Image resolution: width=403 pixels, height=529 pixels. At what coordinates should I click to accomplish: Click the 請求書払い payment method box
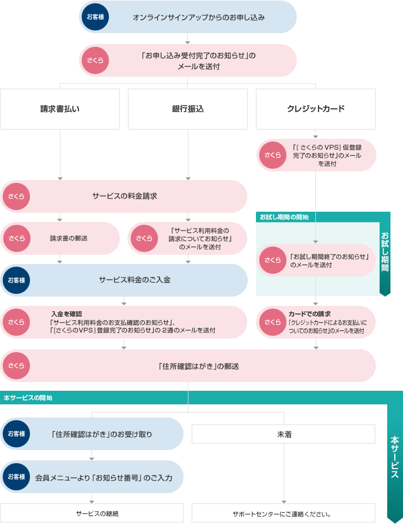(x=60, y=109)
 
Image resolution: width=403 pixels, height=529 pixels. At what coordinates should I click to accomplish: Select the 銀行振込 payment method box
(x=188, y=109)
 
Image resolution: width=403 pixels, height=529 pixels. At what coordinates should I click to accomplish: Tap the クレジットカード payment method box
(x=316, y=109)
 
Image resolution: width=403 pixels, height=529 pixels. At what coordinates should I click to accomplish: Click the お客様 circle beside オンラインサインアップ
(x=95, y=17)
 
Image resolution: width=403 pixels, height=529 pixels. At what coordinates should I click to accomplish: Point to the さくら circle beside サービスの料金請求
(x=16, y=196)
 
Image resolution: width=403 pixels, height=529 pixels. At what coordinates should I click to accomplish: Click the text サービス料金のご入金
(x=135, y=280)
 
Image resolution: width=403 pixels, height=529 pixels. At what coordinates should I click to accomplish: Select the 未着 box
(x=283, y=434)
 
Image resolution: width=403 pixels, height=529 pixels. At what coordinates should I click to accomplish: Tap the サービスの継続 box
(x=91, y=513)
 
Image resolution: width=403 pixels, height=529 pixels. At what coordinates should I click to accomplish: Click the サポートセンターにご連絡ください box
(x=283, y=513)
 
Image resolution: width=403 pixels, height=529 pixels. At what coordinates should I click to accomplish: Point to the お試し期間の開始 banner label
(x=284, y=217)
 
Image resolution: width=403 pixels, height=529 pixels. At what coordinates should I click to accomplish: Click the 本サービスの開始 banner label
(x=28, y=398)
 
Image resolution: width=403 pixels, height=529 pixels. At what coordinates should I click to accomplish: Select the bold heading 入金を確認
(x=66, y=314)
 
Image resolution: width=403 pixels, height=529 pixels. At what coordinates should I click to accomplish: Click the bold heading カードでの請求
(x=309, y=314)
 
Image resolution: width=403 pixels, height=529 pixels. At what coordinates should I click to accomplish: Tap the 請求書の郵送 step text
(x=69, y=238)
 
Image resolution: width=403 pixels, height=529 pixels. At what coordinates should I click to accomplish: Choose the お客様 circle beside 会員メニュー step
(x=16, y=477)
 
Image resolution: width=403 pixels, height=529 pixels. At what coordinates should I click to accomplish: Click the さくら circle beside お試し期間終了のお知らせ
(x=272, y=260)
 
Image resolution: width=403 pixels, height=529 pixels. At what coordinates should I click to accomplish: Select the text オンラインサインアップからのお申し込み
(x=198, y=17)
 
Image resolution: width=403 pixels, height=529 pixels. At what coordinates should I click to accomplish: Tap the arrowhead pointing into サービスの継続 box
(x=91, y=501)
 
